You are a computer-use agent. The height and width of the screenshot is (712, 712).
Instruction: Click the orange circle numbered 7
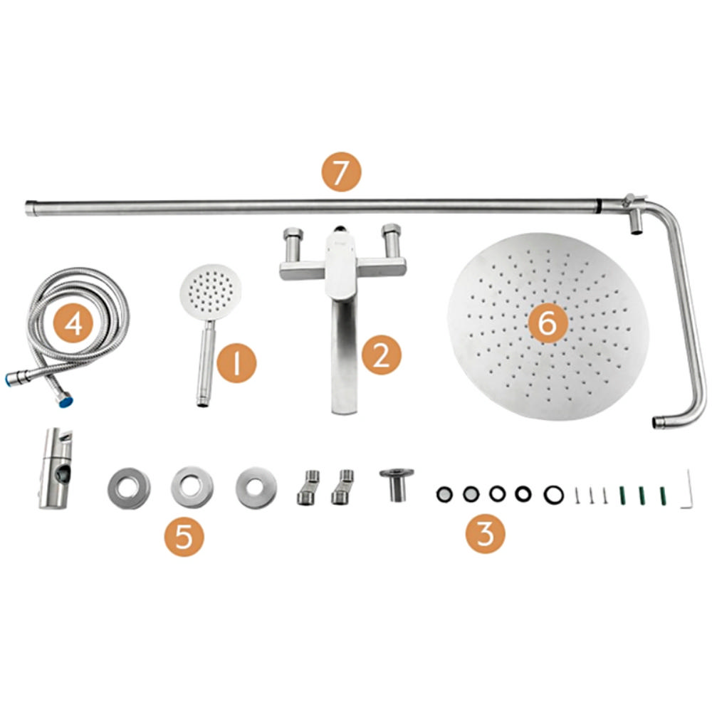(x=342, y=172)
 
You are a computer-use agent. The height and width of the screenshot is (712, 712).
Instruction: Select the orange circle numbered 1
(x=236, y=362)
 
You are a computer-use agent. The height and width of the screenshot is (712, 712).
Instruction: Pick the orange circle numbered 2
(x=382, y=355)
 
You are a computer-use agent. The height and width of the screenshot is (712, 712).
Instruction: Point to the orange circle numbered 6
(x=548, y=324)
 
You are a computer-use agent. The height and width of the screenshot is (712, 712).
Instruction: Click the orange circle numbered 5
(x=184, y=537)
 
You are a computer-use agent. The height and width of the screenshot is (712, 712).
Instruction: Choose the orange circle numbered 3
(x=486, y=533)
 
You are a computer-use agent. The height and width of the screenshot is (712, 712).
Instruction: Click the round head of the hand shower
(x=211, y=291)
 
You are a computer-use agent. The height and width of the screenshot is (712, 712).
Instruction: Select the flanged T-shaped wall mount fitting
(x=397, y=484)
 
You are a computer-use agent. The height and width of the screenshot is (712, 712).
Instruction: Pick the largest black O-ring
(x=554, y=493)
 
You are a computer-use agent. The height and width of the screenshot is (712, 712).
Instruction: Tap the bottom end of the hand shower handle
(x=203, y=403)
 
